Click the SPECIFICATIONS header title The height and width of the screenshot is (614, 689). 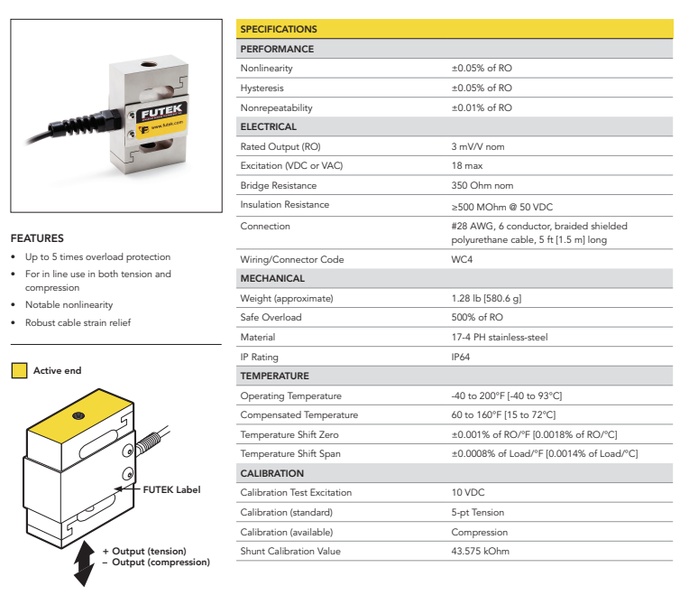tap(279, 30)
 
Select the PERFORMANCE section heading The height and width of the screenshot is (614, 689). tap(277, 49)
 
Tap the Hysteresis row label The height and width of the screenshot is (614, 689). tap(262, 88)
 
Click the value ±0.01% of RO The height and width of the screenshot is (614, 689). tap(482, 107)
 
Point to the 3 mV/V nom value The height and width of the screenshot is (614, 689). tap(478, 146)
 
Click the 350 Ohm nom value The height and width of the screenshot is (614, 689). tap(482, 185)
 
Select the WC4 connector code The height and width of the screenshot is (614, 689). tap(462, 259)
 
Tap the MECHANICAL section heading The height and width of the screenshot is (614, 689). tap(272, 278)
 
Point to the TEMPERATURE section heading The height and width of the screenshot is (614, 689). tap(274, 376)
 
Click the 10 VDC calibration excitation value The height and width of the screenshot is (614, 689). tap(469, 492)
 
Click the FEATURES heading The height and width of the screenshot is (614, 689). tap(37, 238)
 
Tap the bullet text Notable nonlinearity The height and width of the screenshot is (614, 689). tap(69, 304)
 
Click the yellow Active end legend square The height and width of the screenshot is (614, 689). tap(19, 370)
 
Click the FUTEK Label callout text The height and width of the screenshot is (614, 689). tap(171, 489)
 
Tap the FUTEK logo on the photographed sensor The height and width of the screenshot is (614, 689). tap(161, 112)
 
